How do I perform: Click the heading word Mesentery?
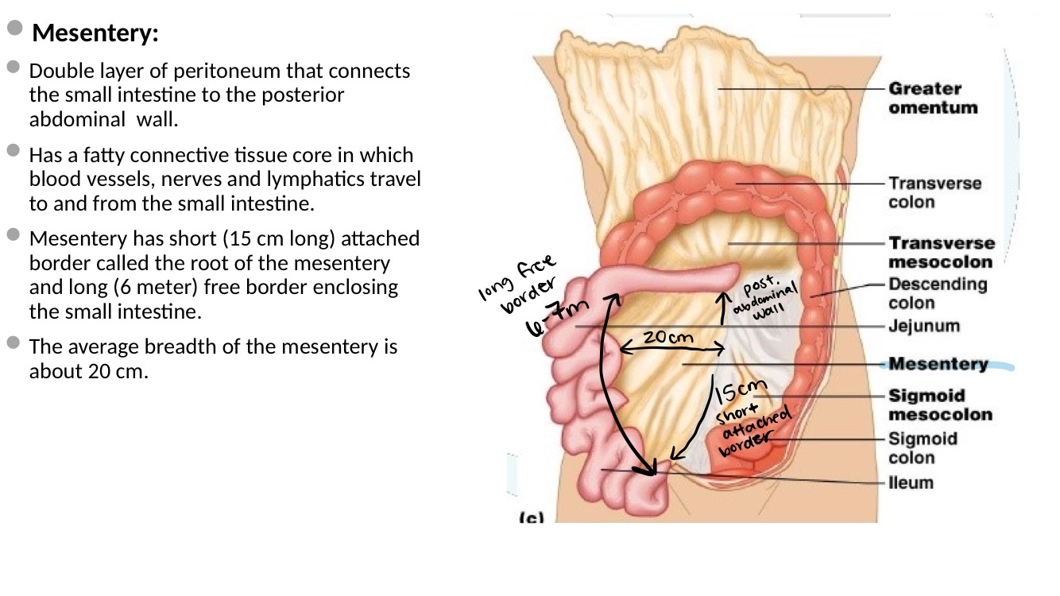95,34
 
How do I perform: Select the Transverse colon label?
934,192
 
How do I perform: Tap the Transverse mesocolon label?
941,252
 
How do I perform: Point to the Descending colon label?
937,293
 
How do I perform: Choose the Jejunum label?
923,326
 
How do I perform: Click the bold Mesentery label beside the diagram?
938,364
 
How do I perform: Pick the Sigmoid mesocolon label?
939,404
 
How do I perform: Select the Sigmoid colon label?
922,447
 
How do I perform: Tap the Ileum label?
911,482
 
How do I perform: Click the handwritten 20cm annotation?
667,337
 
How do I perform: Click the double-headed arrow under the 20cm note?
671,348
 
